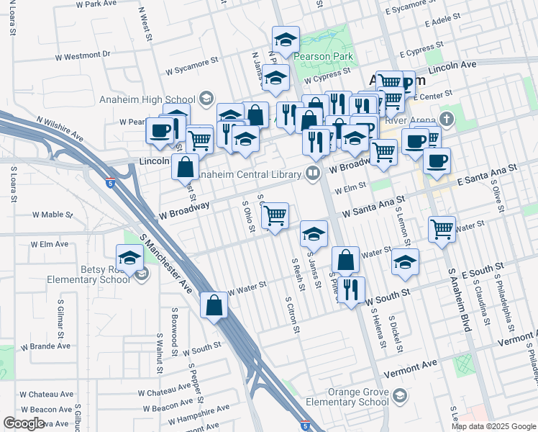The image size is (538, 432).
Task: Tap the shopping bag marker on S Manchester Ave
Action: [x=214, y=305]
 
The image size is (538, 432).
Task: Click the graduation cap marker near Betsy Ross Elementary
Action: [x=129, y=258]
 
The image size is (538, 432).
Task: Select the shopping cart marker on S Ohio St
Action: [x=275, y=215]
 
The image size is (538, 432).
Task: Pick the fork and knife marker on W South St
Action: [x=351, y=289]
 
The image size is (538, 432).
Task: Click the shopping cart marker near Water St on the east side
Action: [x=442, y=229]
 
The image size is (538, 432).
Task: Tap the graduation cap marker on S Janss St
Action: [x=314, y=233]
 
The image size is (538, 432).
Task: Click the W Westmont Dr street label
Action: [x=82, y=55]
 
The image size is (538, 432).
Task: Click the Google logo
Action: [x=24, y=423]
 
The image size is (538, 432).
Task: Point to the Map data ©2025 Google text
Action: [x=493, y=426]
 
